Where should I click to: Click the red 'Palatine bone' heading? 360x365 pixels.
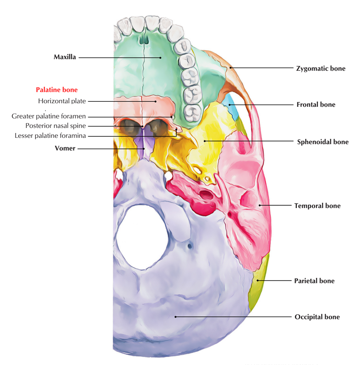57,90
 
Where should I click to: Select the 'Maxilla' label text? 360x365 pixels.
65,57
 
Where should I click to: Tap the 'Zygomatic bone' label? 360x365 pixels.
321,68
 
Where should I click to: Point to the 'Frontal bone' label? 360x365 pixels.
316,104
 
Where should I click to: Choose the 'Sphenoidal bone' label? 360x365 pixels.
323,142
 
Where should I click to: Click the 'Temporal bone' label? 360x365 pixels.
318,206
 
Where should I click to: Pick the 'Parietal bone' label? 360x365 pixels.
314,281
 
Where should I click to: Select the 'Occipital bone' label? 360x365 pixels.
317,317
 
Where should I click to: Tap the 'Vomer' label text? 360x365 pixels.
65,148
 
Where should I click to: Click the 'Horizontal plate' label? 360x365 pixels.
62,101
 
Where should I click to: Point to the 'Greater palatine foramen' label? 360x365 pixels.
49,116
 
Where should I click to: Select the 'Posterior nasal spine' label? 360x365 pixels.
56,126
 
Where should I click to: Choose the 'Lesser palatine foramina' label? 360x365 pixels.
50,136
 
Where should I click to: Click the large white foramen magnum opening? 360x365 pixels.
142,237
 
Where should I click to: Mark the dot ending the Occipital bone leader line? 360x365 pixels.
175,317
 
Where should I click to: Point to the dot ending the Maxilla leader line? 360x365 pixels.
160,57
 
